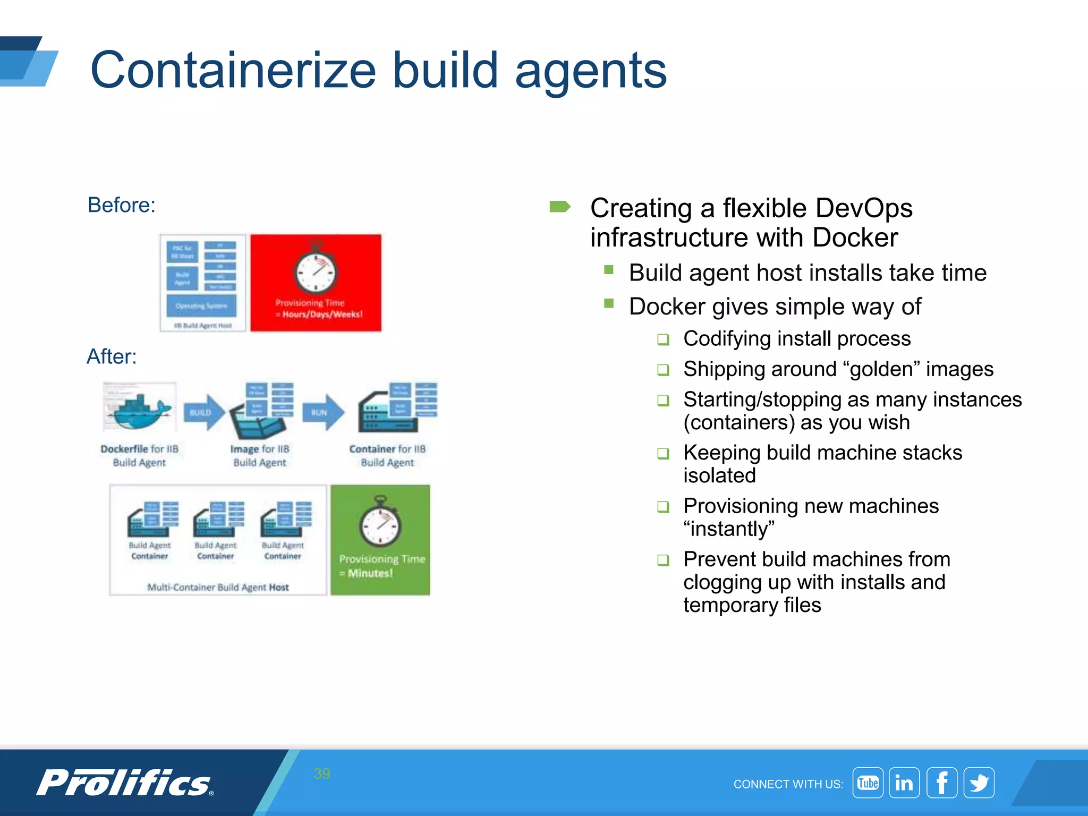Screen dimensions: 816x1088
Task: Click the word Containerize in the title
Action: [234, 71]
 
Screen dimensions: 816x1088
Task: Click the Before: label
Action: [122, 205]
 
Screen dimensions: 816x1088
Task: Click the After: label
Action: [112, 356]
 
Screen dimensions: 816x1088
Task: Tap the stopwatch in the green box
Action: [380, 523]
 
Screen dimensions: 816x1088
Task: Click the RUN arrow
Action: [322, 412]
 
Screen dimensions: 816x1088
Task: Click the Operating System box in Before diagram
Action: [201, 306]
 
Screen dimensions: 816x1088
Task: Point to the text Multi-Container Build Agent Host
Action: [218, 587]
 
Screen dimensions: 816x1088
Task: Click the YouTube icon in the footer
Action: [868, 783]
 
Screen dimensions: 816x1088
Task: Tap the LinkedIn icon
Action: [904, 783]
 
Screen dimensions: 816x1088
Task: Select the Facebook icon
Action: [942, 783]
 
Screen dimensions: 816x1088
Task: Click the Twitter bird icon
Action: [979, 783]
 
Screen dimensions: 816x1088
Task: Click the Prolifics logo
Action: [125, 783]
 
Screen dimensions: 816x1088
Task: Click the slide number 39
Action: [322, 773]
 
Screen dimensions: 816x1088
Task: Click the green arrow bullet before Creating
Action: [559, 207]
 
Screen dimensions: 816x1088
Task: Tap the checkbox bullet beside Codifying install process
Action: [663, 339]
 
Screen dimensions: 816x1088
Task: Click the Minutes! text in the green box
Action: [370, 573]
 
